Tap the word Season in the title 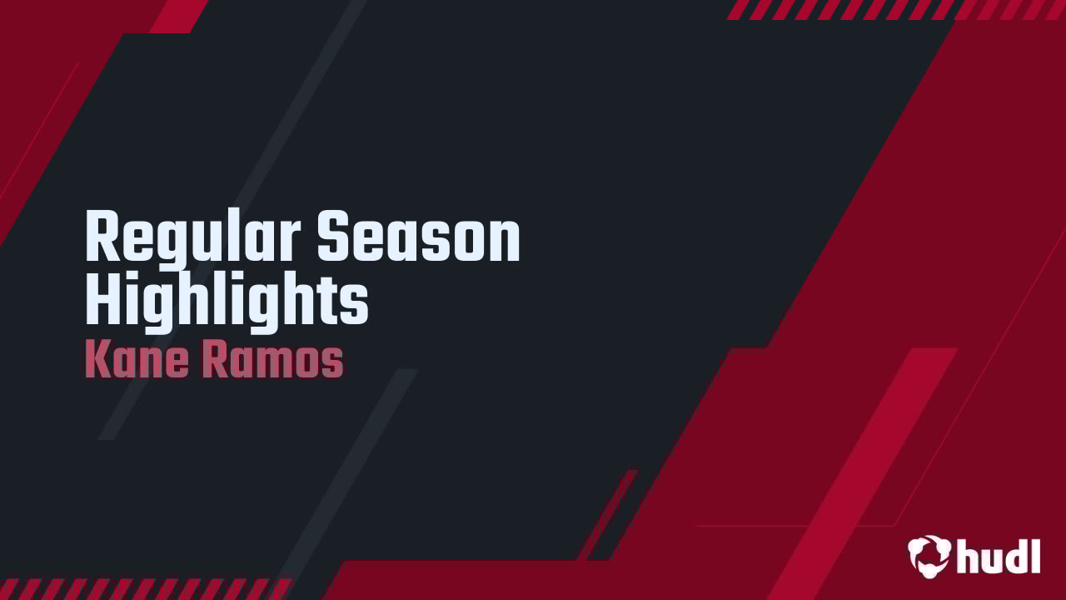coord(418,238)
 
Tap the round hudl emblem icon coord(929,555)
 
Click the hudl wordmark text coord(999,556)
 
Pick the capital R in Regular coord(101,238)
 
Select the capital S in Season coord(332,238)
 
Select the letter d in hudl coord(1015,555)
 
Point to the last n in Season coord(505,242)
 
